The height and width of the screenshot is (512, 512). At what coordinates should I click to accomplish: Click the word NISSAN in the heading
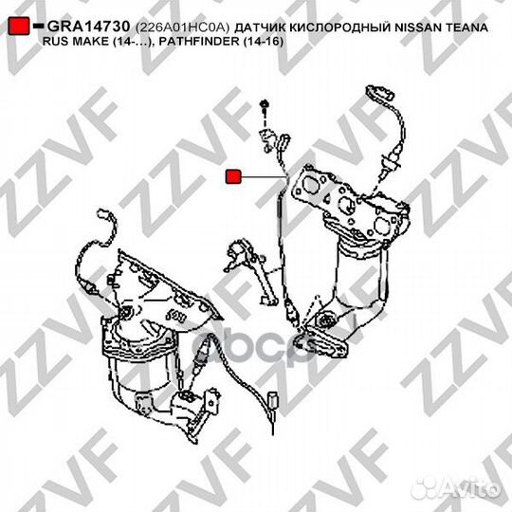pyautogui.click(x=420, y=29)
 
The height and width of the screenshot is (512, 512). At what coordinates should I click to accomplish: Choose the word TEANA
pyautogui.click(x=471, y=29)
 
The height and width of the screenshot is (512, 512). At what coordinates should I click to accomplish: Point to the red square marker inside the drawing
pyautogui.click(x=233, y=175)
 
